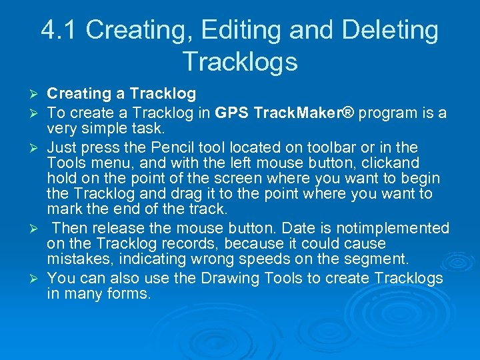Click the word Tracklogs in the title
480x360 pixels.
click(x=239, y=61)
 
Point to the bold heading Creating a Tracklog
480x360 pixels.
click(x=121, y=94)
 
